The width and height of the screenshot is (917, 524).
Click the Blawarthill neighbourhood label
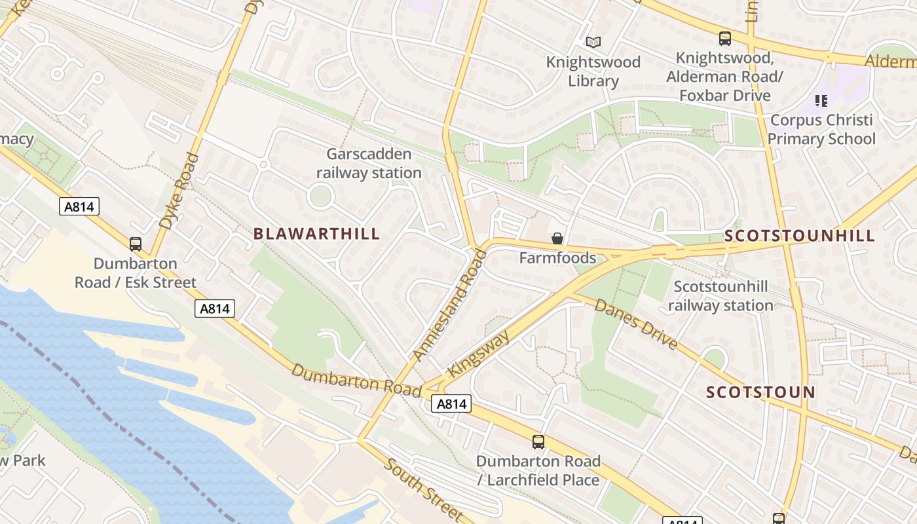point(316,234)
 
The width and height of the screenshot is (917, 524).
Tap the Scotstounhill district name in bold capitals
point(800,236)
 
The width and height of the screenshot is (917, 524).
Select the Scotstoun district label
point(760,392)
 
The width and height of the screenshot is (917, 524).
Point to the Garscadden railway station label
point(369,164)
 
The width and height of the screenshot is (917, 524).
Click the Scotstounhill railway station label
point(720,296)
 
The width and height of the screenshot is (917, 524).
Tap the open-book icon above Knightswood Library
point(593,43)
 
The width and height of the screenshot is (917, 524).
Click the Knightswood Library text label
point(593,71)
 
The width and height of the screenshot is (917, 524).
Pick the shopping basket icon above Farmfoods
point(557,238)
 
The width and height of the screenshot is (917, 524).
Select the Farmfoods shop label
point(557,257)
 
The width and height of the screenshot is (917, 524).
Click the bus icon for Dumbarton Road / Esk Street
point(136,244)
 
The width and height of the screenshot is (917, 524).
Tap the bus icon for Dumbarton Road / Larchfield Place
point(538,442)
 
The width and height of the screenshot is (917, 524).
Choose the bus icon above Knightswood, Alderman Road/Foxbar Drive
point(725,39)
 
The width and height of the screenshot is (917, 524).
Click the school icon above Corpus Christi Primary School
point(821,101)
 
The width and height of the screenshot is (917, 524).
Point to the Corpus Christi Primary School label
point(821,130)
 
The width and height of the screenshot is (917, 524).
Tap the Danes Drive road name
point(635,325)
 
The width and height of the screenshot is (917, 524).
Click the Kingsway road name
point(479,354)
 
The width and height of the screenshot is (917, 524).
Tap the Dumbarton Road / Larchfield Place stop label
point(538,470)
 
